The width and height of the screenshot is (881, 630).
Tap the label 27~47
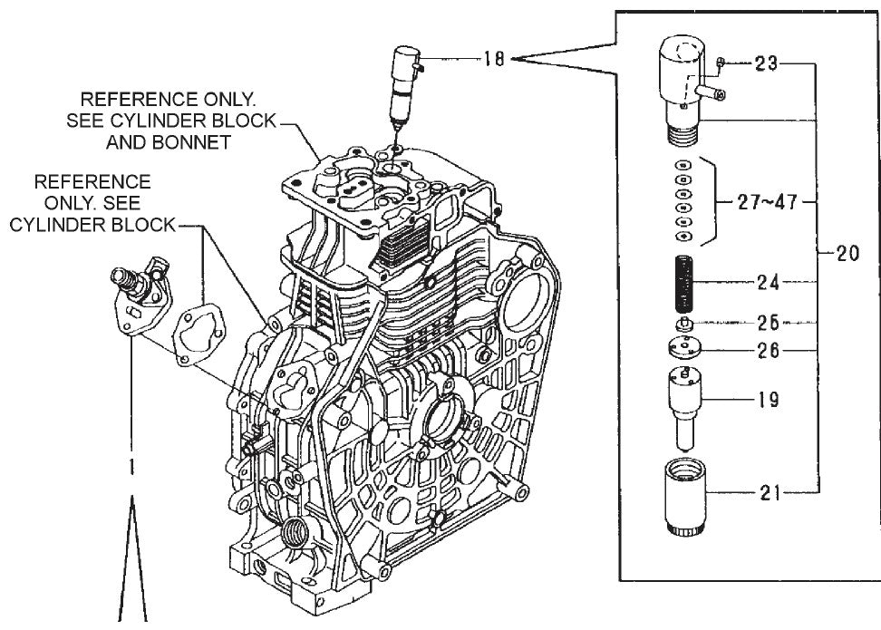coord(767,201)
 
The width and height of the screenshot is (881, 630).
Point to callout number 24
coord(768,282)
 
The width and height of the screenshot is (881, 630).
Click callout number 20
coord(847,255)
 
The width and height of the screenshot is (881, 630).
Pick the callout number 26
coord(768,350)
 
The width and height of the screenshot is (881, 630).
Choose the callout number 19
coord(768,399)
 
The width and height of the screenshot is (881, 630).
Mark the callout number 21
coord(768,494)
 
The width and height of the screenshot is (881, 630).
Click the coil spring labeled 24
coord(685,284)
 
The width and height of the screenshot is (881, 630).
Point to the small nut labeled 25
coord(685,324)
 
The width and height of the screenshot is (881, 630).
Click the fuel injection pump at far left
coord(136,295)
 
